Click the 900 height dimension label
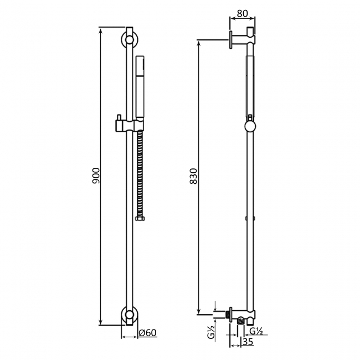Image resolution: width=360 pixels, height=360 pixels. pyautogui.click(x=95, y=176)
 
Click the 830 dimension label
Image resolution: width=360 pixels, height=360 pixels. pyautogui.click(x=193, y=176)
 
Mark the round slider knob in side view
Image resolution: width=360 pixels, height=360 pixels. pyautogui.click(x=250, y=126)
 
